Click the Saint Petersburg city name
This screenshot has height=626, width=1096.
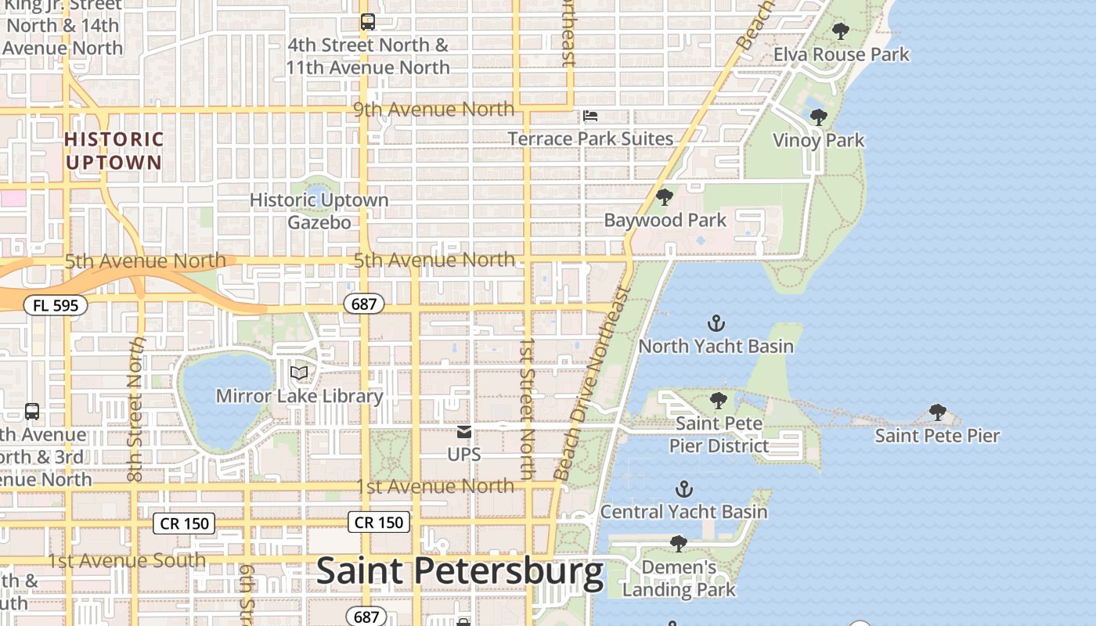point(460,572)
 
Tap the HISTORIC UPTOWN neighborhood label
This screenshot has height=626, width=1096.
point(114,151)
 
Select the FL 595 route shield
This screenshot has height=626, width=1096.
point(55,305)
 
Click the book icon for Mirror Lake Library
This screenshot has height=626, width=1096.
point(299,372)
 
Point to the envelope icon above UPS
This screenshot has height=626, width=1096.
point(464,432)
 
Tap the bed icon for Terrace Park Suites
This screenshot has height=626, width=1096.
point(590,117)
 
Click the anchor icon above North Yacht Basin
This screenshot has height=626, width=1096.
point(716,322)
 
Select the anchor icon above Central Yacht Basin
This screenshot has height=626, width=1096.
point(684,490)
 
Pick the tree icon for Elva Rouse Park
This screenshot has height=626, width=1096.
point(841,32)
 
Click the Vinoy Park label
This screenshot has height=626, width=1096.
point(818,141)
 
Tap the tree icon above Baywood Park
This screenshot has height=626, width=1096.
point(665,197)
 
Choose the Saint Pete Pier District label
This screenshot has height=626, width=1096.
point(719,435)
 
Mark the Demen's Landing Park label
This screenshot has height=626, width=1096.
point(679,578)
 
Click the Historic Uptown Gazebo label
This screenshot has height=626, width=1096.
point(319,211)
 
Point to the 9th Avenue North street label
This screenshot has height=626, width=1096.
point(434,110)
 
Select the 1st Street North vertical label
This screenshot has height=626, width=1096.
point(527,408)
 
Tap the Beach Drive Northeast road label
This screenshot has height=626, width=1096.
point(592,383)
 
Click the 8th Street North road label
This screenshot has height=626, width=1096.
point(136,409)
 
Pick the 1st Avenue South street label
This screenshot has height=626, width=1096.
point(127,561)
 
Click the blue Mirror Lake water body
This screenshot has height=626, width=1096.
point(224,399)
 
